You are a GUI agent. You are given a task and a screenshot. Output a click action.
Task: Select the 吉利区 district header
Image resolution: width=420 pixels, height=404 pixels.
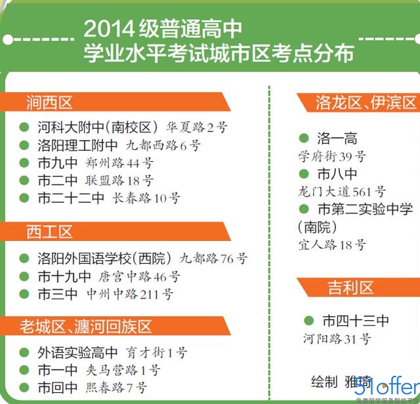pos(351,287)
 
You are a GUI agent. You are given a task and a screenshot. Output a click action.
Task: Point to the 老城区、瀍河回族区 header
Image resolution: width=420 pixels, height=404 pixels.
pos(86,326)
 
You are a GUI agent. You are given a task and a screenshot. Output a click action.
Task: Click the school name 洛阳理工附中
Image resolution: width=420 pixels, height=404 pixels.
pos(78,145)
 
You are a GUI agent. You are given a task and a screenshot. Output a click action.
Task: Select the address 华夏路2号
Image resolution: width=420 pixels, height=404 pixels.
pos(197,127)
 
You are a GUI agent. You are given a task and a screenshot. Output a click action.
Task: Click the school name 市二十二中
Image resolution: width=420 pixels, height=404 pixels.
pos(71,198)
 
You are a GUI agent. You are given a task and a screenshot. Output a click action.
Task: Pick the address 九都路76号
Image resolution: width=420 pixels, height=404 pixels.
pos(214,259)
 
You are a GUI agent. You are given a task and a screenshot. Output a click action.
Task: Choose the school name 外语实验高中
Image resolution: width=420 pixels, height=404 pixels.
pos(78,352)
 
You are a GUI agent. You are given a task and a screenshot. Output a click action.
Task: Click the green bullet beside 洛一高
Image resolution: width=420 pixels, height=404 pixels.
pos(304,138)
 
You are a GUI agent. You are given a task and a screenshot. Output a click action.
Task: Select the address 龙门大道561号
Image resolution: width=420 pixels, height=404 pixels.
pos(342,192)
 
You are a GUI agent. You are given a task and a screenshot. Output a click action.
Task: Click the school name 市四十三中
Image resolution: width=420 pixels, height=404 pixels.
pos(356,320)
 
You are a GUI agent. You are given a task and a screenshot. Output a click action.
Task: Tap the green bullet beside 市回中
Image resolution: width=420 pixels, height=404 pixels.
pos(24,387)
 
